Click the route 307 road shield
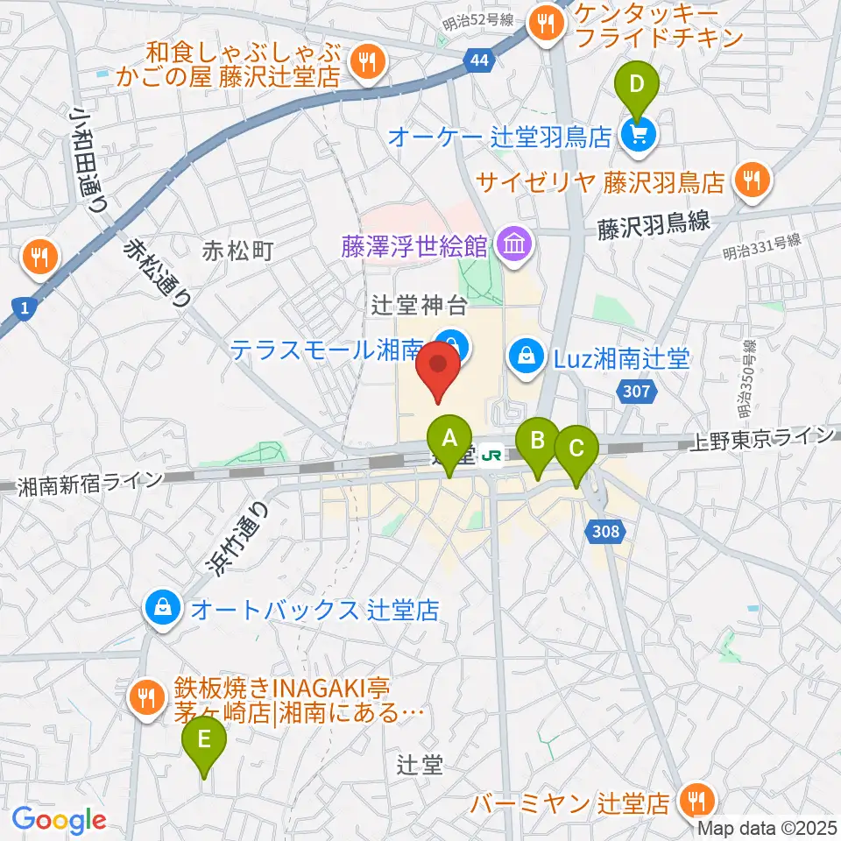click(637, 392)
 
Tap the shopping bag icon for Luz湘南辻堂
click(525, 357)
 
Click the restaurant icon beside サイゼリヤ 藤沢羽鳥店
click(751, 181)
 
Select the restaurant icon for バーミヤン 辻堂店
click(698, 801)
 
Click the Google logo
click(59, 819)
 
